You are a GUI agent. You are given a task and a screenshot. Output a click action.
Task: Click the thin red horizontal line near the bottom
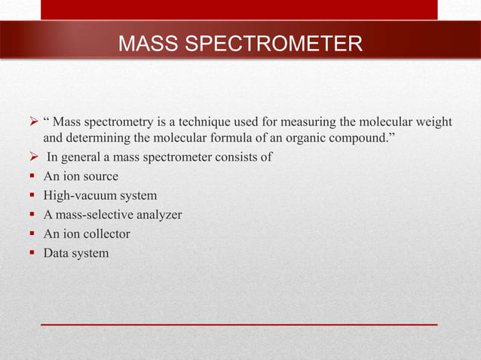(x=238, y=324)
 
